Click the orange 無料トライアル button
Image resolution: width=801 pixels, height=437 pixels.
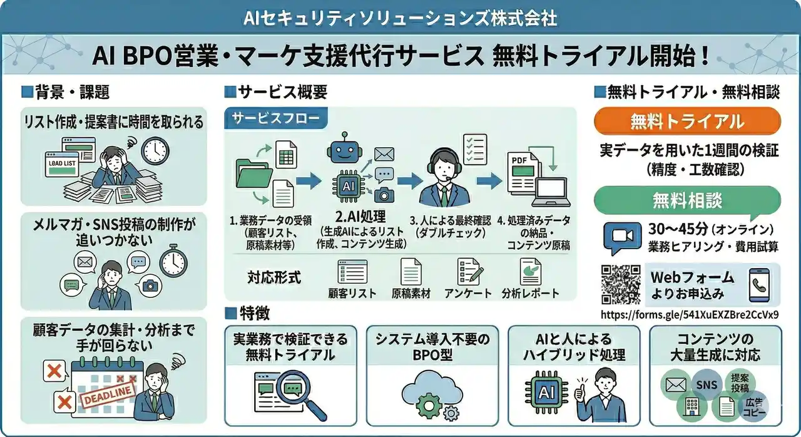click(686, 121)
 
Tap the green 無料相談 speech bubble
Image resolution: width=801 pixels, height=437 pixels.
click(686, 200)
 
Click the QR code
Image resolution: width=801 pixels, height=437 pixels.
click(621, 285)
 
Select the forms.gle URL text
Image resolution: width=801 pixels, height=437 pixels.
click(690, 314)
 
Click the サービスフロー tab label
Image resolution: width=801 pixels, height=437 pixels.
click(275, 118)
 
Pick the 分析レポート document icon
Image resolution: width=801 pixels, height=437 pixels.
click(530, 272)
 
